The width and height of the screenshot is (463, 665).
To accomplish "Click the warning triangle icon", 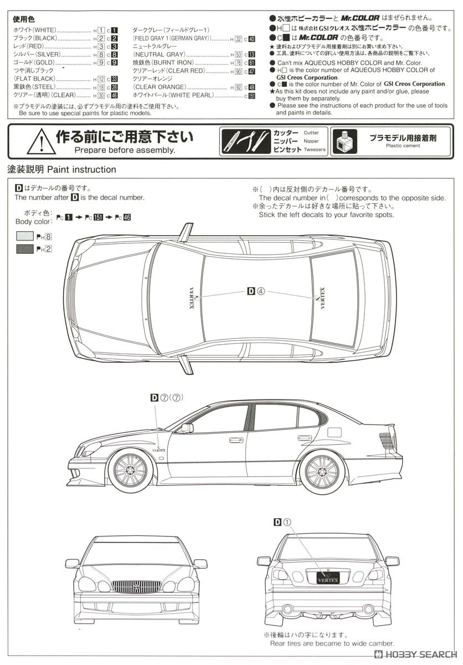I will (x=42, y=141).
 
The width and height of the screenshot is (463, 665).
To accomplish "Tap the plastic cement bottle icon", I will (x=346, y=141).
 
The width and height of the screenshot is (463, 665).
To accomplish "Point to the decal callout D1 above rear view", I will (x=282, y=521).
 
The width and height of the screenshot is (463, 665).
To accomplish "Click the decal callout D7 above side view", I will (x=167, y=397).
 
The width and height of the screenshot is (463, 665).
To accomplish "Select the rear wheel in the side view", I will (x=322, y=472).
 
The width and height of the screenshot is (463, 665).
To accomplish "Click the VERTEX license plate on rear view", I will (x=328, y=578).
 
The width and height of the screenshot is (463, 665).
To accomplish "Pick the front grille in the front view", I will (x=136, y=586).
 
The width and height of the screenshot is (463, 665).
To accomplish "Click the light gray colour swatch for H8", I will (x=25, y=236).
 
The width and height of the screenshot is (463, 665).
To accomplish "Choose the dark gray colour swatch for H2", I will (x=25, y=249).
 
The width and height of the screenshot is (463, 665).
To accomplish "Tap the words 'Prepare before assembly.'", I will (x=125, y=150).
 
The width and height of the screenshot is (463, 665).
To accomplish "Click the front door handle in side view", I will (x=236, y=440).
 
